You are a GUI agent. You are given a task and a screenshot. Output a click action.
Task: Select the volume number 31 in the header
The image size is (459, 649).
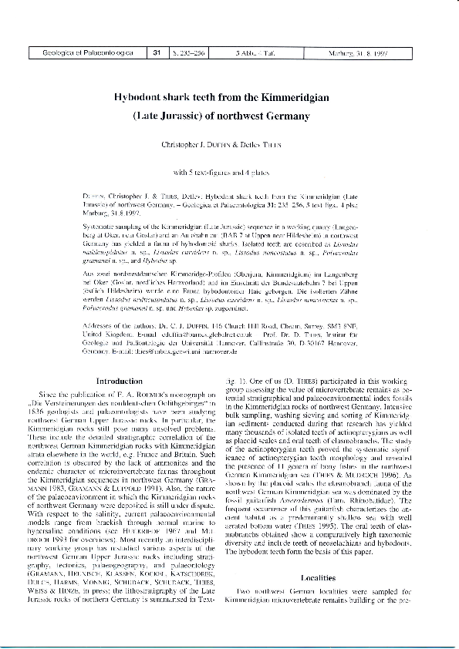pyautogui.click(x=156, y=53)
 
